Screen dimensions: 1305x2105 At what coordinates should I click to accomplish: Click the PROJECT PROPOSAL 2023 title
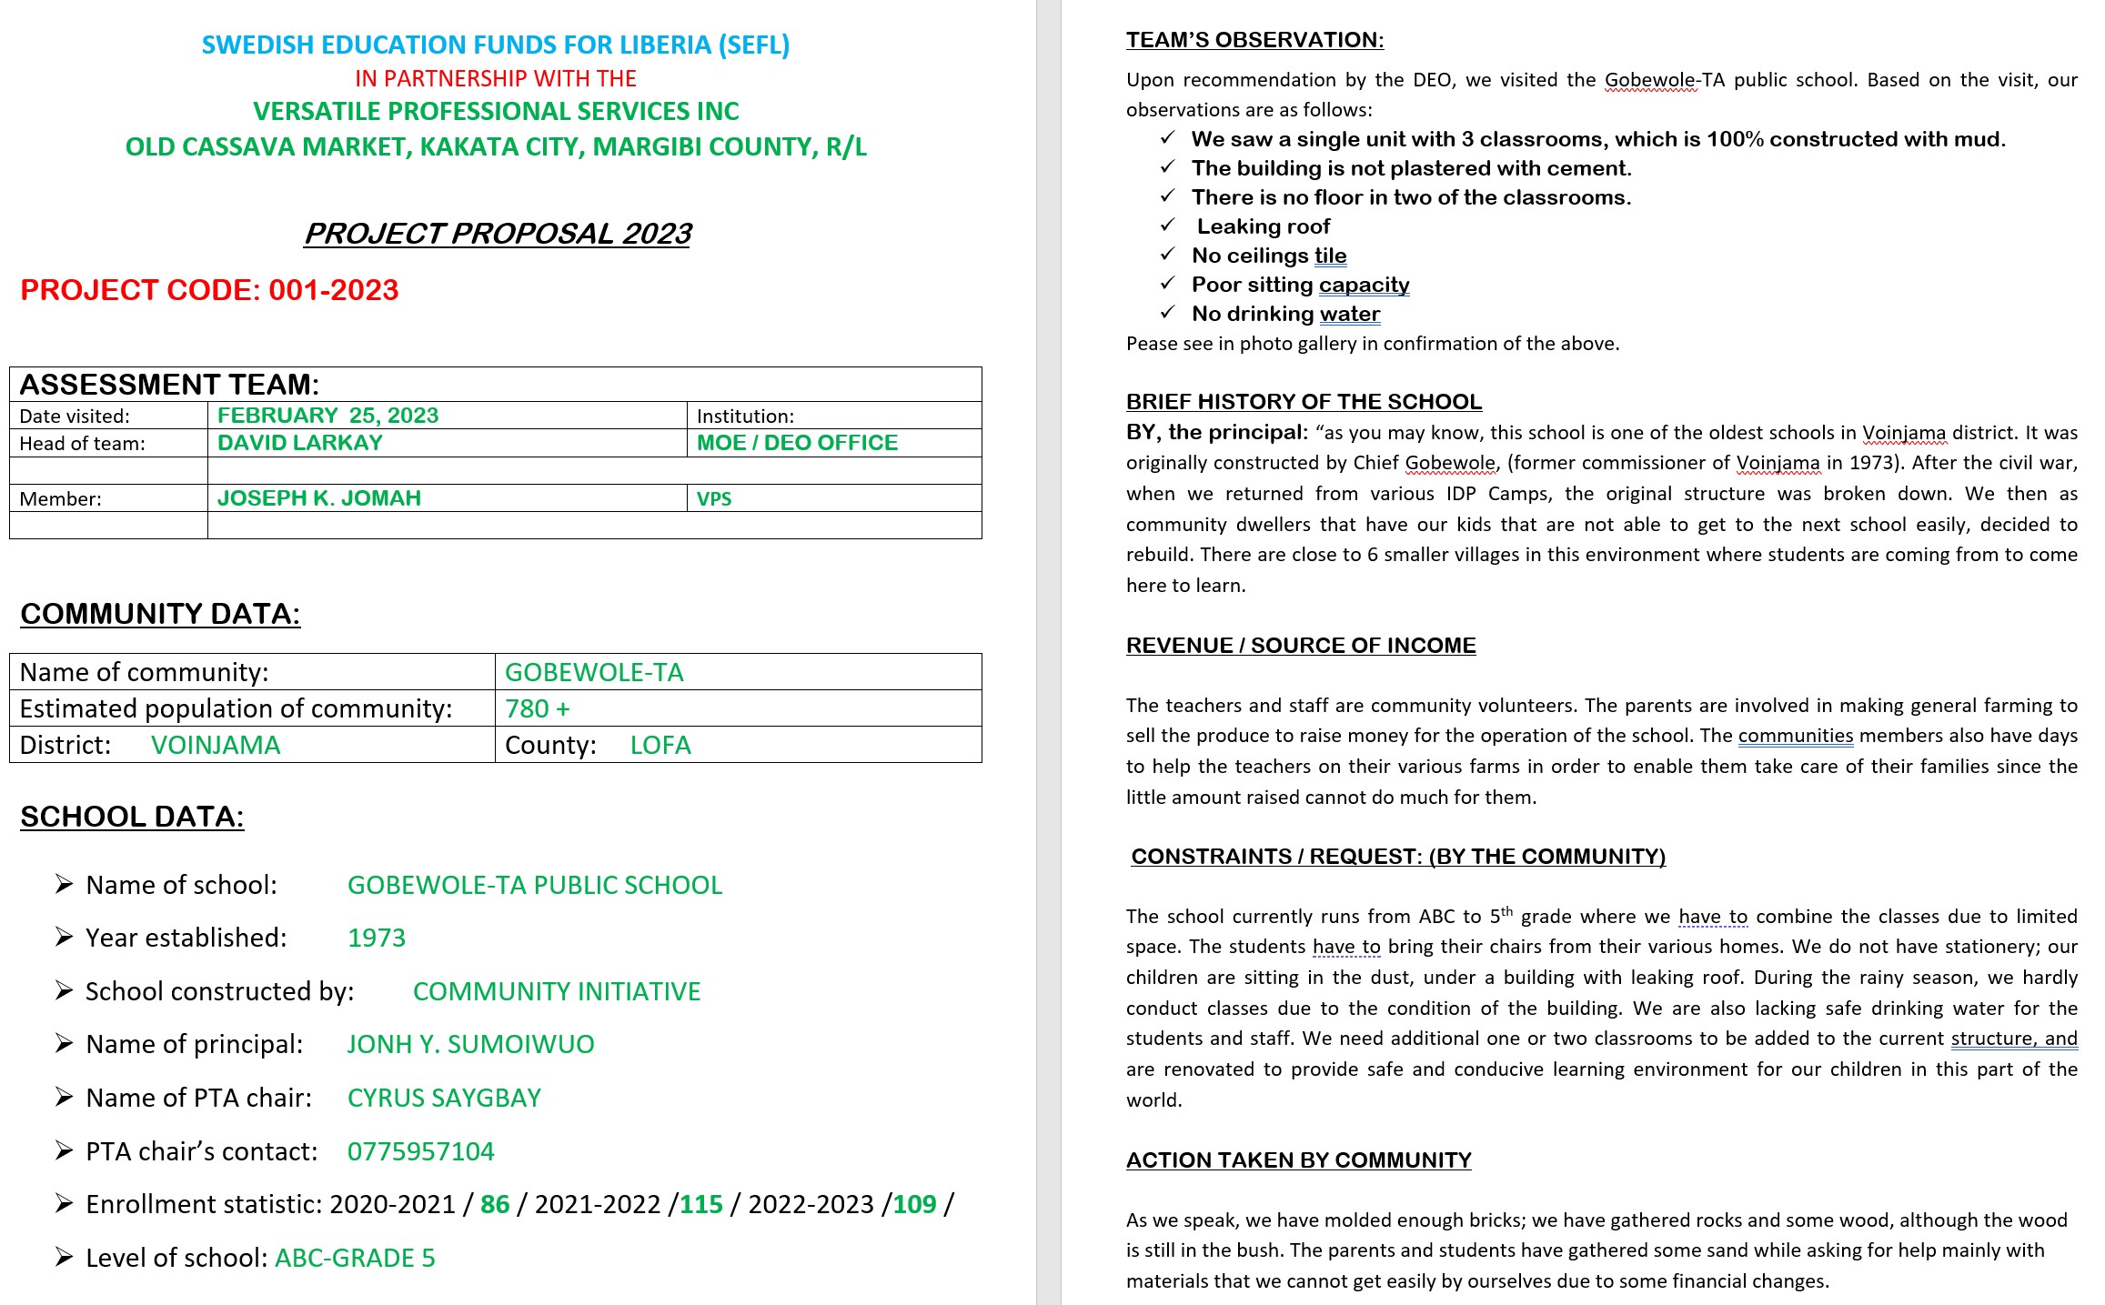[x=498, y=234]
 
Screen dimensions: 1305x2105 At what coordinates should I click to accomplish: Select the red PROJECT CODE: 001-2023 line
[x=209, y=290]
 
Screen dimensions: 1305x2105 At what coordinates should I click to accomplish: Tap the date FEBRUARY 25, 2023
[x=327, y=416]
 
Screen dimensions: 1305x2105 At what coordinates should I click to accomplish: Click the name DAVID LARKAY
[x=299, y=443]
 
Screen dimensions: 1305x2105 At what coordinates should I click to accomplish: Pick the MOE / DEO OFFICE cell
[x=797, y=443]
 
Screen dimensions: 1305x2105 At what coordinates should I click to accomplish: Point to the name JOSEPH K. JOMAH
[x=318, y=498]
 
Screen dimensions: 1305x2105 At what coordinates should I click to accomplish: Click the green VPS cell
[x=714, y=499]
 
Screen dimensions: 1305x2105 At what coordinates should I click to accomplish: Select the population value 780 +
[x=537, y=708]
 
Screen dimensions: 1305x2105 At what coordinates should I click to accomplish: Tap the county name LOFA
[x=660, y=746]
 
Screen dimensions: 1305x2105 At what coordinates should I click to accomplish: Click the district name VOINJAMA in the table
[x=216, y=746]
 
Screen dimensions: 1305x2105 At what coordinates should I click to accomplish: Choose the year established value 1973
[x=377, y=939]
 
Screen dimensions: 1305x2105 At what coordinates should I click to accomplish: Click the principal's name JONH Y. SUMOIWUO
[x=470, y=1045]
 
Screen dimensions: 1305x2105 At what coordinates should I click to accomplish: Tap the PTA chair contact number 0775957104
[x=420, y=1152]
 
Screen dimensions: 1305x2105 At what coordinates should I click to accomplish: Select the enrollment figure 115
[x=700, y=1205]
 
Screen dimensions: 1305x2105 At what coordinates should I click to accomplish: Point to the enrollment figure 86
[x=495, y=1205]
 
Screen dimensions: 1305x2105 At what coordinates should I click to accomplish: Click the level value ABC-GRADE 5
[x=355, y=1259]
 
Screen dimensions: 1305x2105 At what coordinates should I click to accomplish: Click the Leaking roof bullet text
[x=1263, y=226]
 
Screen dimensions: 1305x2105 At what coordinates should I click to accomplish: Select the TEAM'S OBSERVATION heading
[x=1254, y=40]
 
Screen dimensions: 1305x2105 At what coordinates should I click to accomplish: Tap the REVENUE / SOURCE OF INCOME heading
[x=1300, y=646]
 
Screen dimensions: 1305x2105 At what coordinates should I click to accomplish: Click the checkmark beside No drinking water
[x=1168, y=313]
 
